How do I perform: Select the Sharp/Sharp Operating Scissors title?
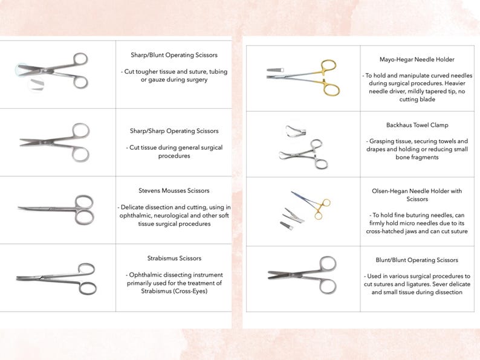pyautogui.click(x=174, y=130)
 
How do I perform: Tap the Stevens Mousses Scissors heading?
pyautogui.click(x=174, y=191)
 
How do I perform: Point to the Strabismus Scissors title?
pyautogui.click(x=174, y=258)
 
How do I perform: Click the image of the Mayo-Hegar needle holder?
pyautogui.click(x=302, y=76)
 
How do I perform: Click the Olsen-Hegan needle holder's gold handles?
pyautogui.click(x=323, y=208)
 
